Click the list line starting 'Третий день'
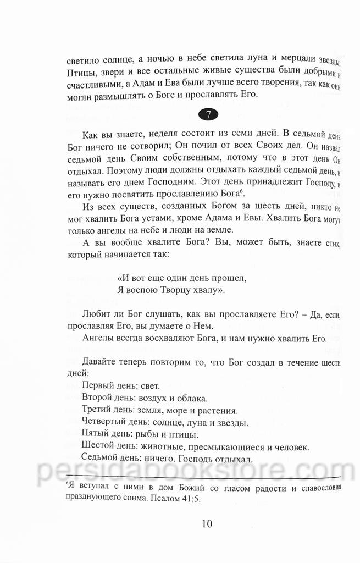(x=159, y=410)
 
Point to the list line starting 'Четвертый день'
(x=164, y=423)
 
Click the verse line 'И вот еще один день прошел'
(x=179, y=278)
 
